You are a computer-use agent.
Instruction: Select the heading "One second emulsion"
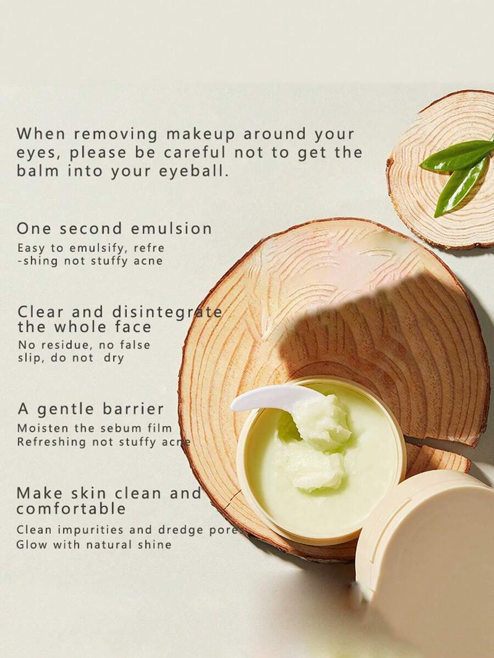(x=115, y=228)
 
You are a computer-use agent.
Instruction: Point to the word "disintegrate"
(x=167, y=312)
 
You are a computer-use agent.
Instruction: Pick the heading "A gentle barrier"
(x=91, y=409)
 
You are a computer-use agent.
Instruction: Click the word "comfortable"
(x=71, y=509)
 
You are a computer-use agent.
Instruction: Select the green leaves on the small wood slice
(x=459, y=172)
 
